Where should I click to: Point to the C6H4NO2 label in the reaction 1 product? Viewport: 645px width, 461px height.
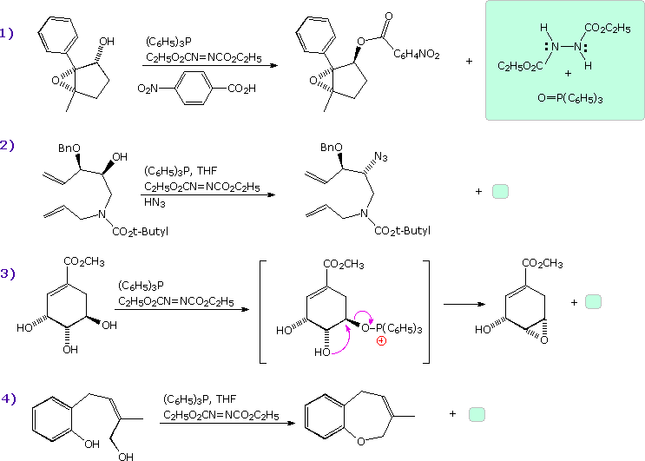click(417, 55)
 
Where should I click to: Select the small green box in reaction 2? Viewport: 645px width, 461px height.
click(501, 191)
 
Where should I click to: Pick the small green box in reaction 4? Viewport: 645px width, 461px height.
click(477, 414)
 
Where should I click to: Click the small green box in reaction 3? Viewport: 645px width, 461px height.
click(593, 301)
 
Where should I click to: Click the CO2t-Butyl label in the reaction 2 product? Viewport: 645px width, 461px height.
click(401, 230)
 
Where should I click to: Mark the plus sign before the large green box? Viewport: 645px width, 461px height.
click(470, 62)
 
